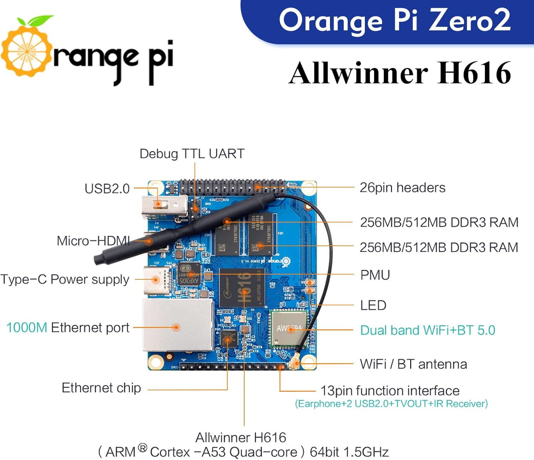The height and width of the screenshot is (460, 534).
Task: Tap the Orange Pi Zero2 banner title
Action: (x=394, y=20)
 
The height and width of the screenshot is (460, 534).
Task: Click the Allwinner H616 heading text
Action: (x=400, y=73)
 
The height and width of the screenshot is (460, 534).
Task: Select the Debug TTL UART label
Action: (x=192, y=154)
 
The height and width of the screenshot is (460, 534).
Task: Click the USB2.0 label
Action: (x=107, y=189)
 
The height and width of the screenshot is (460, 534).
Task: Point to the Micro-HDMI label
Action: (x=93, y=241)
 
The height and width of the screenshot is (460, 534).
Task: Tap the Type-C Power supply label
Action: (x=65, y=279)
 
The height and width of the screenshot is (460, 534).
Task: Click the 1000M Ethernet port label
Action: (x=68, y=328)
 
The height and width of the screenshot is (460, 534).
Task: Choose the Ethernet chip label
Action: (x=101, y=388)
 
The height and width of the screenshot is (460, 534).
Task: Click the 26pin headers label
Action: (x=402, y=187)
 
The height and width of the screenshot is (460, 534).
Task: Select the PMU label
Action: (x=375, y=275)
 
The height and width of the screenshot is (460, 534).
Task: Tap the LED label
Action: (x=373, y=305)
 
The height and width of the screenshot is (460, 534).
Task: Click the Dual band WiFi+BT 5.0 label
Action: (x=428, y=330)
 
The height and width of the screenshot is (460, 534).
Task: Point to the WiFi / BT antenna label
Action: (x=413, y=364)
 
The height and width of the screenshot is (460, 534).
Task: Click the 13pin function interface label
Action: (x=390, y=391)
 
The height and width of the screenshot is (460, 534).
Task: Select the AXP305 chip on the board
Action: (x=189, y=275)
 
